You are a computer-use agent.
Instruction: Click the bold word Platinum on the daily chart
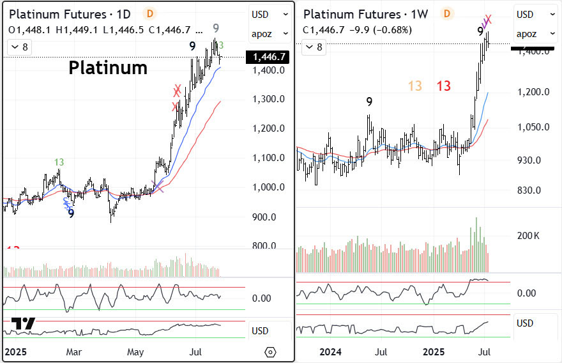[108, 67]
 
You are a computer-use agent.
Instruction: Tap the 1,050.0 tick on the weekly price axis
[534, 127]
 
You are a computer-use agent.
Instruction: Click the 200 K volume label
[528, 236]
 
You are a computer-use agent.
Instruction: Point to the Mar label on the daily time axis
[75, 351]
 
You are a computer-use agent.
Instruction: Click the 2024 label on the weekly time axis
[330, 351]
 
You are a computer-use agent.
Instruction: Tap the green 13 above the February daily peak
[59, 162]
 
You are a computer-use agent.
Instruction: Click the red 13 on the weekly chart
[444, 86]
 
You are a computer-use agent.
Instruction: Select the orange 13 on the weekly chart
[415, 86]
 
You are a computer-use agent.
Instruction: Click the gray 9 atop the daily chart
[216, 27]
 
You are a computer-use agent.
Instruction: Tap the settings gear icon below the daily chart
[270, 352]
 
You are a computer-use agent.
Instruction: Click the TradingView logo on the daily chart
[24, 325]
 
